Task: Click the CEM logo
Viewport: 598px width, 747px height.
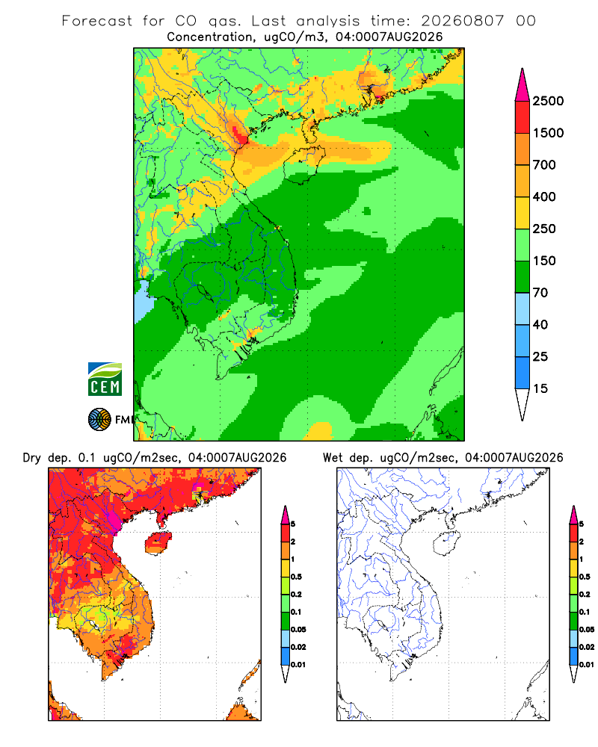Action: point(105,379)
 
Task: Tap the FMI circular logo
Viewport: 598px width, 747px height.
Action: point(99,420)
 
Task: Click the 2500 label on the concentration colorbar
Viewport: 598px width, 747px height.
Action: point(548,101)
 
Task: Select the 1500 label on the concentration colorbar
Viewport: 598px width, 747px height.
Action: point(548,133)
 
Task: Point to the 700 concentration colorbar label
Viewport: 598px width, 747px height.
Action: point(544,165)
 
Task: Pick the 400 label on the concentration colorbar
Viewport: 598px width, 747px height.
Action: point(544,196)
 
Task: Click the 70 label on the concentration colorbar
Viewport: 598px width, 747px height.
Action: point(540,293)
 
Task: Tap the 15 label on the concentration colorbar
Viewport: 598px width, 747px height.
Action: point(540,388)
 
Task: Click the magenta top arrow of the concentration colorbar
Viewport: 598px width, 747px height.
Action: point(523,86)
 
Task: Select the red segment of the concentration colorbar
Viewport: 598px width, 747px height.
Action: point(523,117)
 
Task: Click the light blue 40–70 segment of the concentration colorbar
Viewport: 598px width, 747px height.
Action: point(523,309)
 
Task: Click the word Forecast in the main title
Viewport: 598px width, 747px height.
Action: point(97,21)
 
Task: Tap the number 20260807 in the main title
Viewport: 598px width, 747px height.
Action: point(462,21)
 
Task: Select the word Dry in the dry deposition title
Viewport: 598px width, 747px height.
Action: point(32,458)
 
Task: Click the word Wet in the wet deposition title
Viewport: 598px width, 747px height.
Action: point(333,458)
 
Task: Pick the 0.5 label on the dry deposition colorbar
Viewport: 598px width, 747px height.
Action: point(296,577)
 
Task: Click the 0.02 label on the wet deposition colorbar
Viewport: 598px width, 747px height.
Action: point(587,647)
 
